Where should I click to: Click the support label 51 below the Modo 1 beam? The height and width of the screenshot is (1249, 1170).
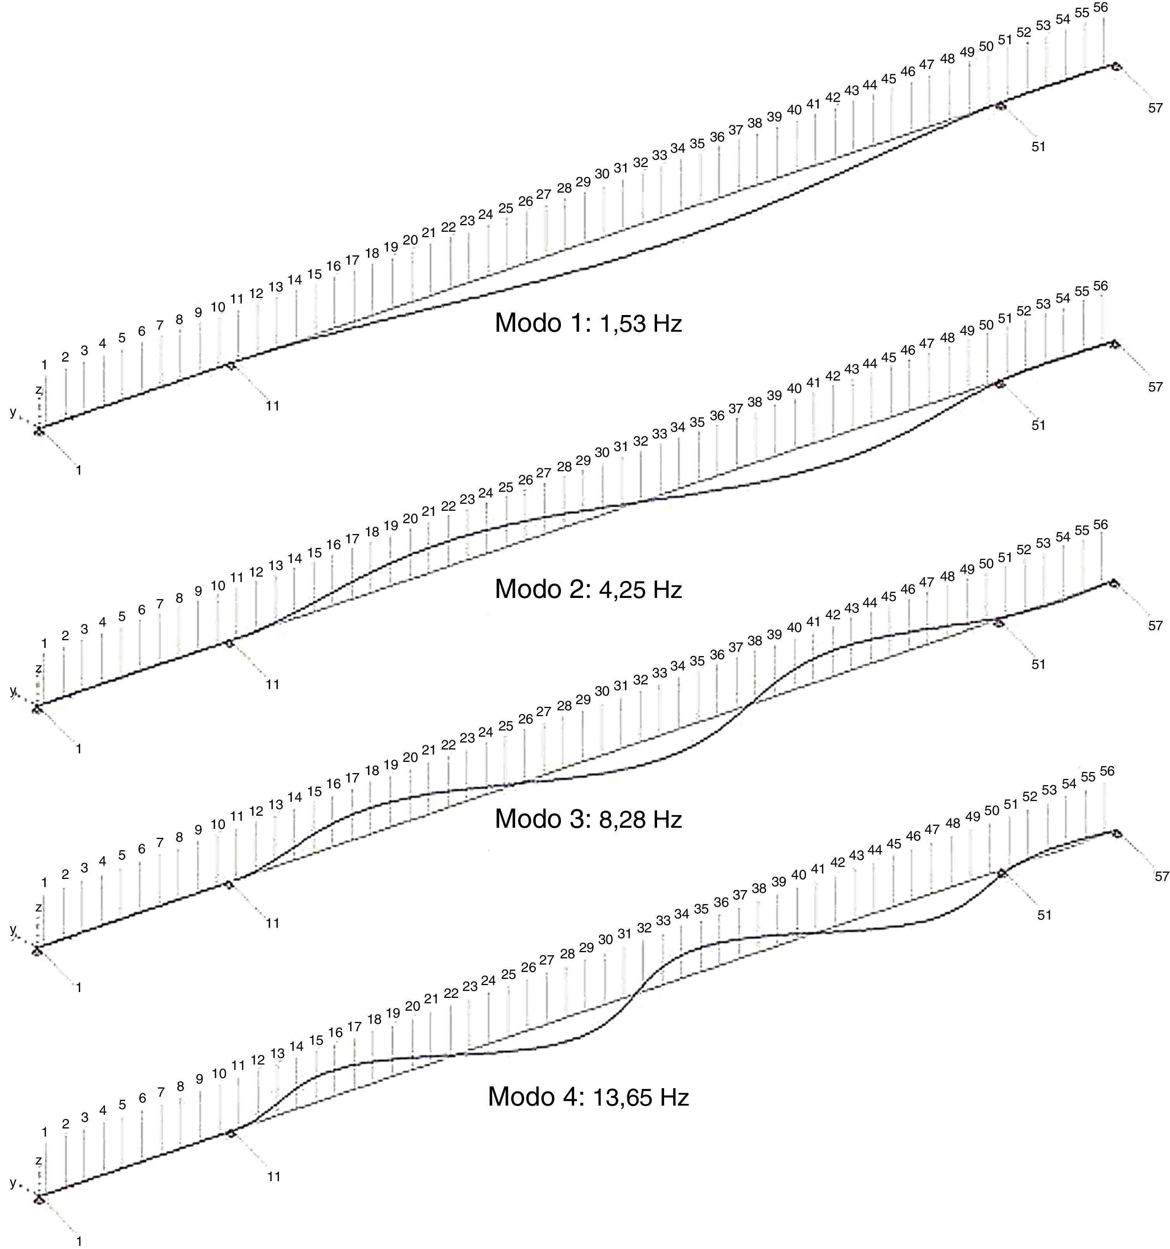point(1038,146)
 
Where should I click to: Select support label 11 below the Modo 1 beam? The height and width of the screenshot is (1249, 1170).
point(272,406)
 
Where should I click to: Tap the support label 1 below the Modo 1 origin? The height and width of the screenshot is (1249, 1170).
point(79,470)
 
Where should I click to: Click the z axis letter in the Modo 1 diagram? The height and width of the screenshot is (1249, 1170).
point(38,390)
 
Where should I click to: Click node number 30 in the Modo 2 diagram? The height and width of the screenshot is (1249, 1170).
point(602,452)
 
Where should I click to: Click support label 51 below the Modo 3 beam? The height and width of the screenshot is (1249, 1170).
point(1038,664)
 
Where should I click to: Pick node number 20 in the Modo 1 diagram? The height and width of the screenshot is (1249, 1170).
point(410,240)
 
